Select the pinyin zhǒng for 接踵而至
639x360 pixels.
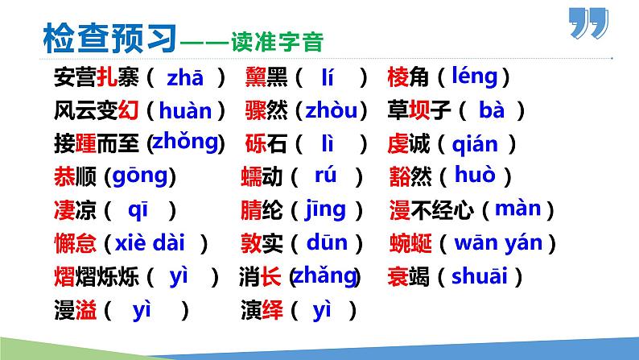click(x=185, y=142)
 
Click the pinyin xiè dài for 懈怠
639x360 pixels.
click(x=152, y=242)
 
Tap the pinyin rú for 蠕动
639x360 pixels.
click(x=325, y=175)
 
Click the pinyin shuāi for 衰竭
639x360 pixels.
click(x=479, y=276)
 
